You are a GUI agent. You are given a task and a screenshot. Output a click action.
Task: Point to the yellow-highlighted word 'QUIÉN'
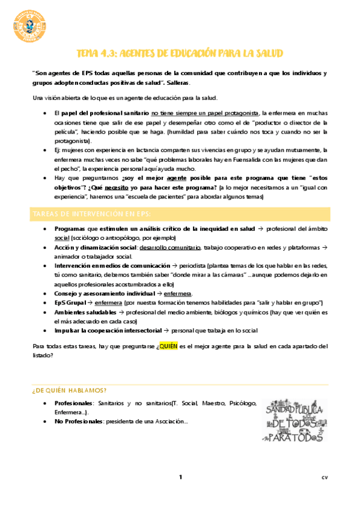pyautogui.click(x=168, y=346)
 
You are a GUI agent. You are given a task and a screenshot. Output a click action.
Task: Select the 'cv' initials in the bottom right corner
pyautogui.click(x=324, y=478)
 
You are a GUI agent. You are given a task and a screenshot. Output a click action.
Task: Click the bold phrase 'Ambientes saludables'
pyautogui.click(x=84, y=313)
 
